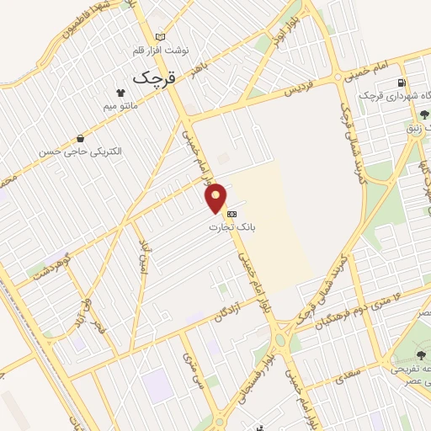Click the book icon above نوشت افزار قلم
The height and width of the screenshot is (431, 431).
coord(162,37)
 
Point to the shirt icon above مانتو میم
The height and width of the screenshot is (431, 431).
coord(121,93)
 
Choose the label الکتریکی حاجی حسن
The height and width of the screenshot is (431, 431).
coord(80,152)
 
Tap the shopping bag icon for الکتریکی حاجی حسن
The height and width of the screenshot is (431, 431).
coord(80,138)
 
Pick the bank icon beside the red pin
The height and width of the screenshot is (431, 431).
coord(231,213)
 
